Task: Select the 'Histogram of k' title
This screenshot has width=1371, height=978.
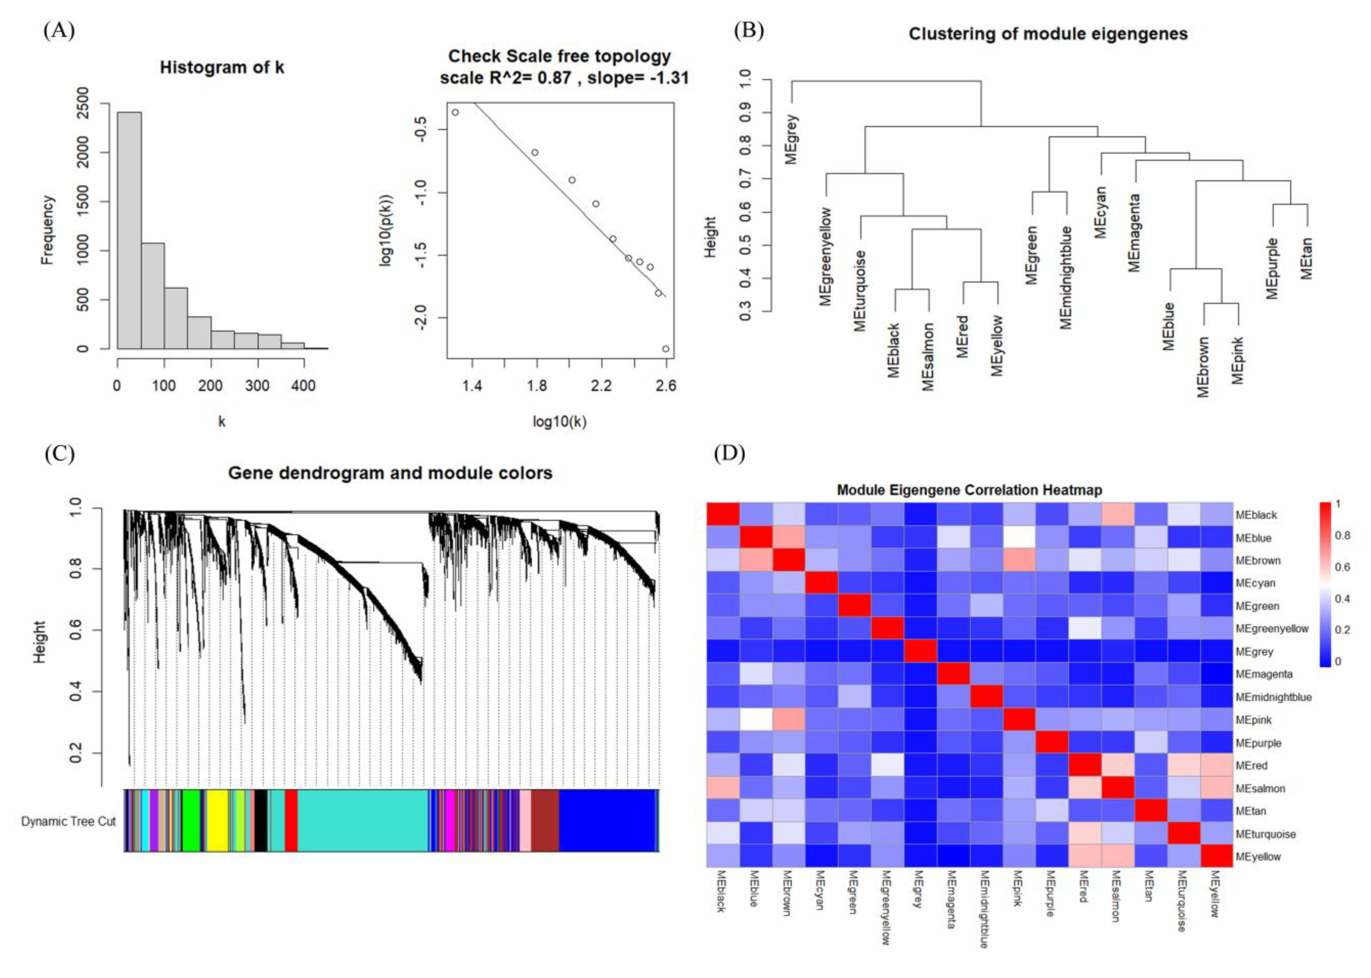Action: (222, 67)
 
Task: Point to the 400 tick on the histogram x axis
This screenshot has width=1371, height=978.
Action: (303, 386)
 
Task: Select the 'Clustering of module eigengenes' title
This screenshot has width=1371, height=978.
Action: (1048, 34)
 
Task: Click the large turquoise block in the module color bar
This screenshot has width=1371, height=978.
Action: (361, 820)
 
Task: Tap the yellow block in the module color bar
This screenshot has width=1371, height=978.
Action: (217, 820)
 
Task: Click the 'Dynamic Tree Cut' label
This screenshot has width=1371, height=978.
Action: (68, 822)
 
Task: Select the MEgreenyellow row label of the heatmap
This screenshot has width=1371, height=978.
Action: (1271, 629)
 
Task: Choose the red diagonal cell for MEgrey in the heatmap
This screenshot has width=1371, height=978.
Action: (920, 651)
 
